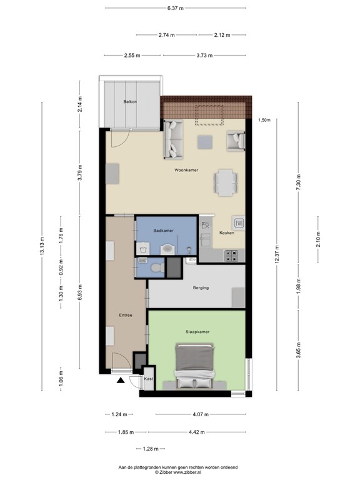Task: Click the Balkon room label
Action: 129,101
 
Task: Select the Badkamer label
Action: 163,231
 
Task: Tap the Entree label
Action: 126,315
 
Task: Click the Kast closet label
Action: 148,379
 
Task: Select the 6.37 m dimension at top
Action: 176,8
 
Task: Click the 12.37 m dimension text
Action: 276,252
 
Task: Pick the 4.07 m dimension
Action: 200,414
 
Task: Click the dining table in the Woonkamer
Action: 226,182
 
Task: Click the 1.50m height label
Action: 264,121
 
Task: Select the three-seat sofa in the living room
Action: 172,139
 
